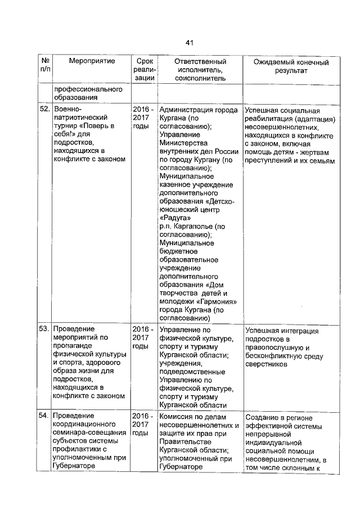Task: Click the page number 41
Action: click(x=189, y=43)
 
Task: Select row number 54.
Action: click(x=45, y=417)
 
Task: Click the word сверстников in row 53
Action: click(x=266, y=364)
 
